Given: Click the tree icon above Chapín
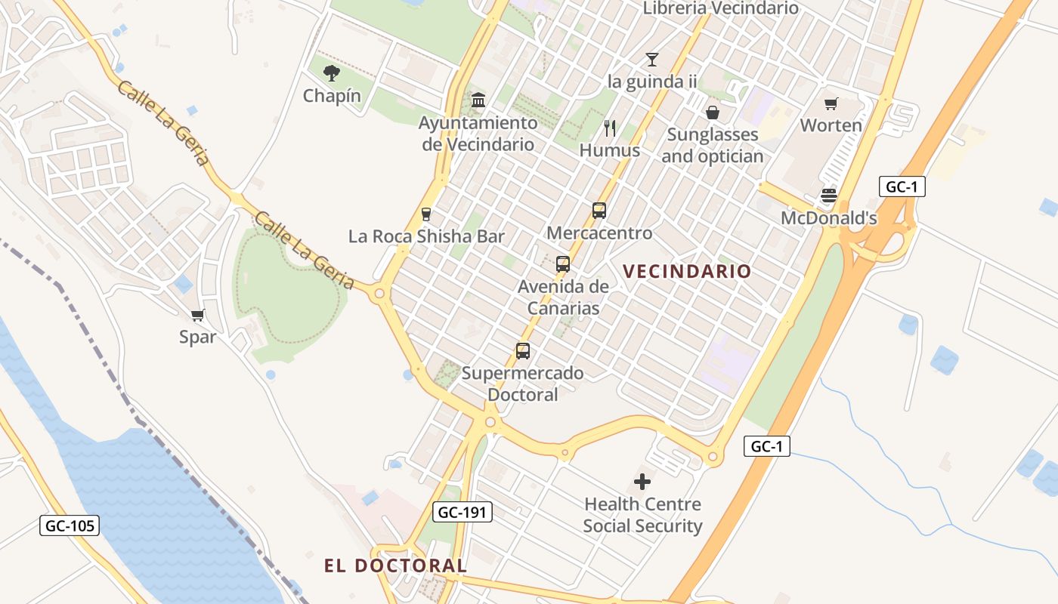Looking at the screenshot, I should click(x=331, y=73).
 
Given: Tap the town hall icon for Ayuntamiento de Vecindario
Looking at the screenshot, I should click(x=478, y=100).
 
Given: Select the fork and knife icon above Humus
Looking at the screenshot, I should click(x=610, y=128).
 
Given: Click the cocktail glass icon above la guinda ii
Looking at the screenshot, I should click(x=652, y=59).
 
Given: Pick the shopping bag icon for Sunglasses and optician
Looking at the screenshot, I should click(x=712, y=112).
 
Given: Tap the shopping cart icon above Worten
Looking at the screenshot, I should click(x=831, y=103).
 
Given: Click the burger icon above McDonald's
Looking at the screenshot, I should click(x=829, y=196).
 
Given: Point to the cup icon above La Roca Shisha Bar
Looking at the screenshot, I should click(x=426, y=214).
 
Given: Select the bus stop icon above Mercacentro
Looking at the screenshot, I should click(x=599, y=211).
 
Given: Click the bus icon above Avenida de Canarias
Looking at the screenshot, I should click(x=563, y=264).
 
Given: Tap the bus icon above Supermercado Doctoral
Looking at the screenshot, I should click(x=523, y=351).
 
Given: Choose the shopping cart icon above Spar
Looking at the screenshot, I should click(x=198, y=315).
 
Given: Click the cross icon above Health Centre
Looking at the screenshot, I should click(x=642, y=482).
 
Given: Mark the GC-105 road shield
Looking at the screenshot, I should click(x=70, y=525).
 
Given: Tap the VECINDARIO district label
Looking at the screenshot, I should click(x=687, y=271).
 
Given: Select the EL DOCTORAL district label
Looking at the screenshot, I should click(x=395, y=565).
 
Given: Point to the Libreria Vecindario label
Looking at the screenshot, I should click(x=720, y=8).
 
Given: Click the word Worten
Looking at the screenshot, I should click(x=831, y=125).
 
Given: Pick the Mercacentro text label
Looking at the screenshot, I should click(x=599, y=233).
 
